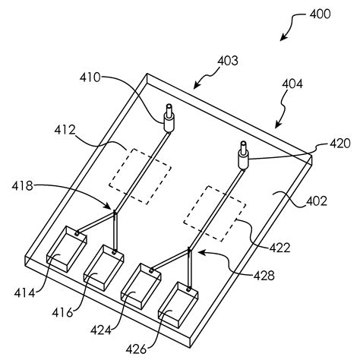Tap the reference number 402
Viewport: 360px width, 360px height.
pyautogui.click(x=317, y=201)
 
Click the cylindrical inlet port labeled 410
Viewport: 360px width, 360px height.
pyautogui.click(x=168, y=117)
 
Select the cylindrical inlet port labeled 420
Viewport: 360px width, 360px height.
pyautogui.click(x=244, y=156)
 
